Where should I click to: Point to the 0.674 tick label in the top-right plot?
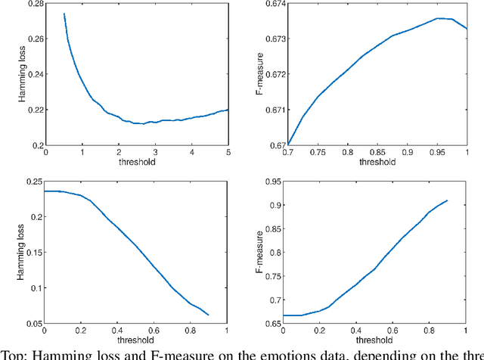(x=282, y=4)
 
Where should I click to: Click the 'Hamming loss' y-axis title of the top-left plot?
(x=11, y=74)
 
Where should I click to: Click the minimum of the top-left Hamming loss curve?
(x=141, y=123)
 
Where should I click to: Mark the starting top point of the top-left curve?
(x=64, y=13)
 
